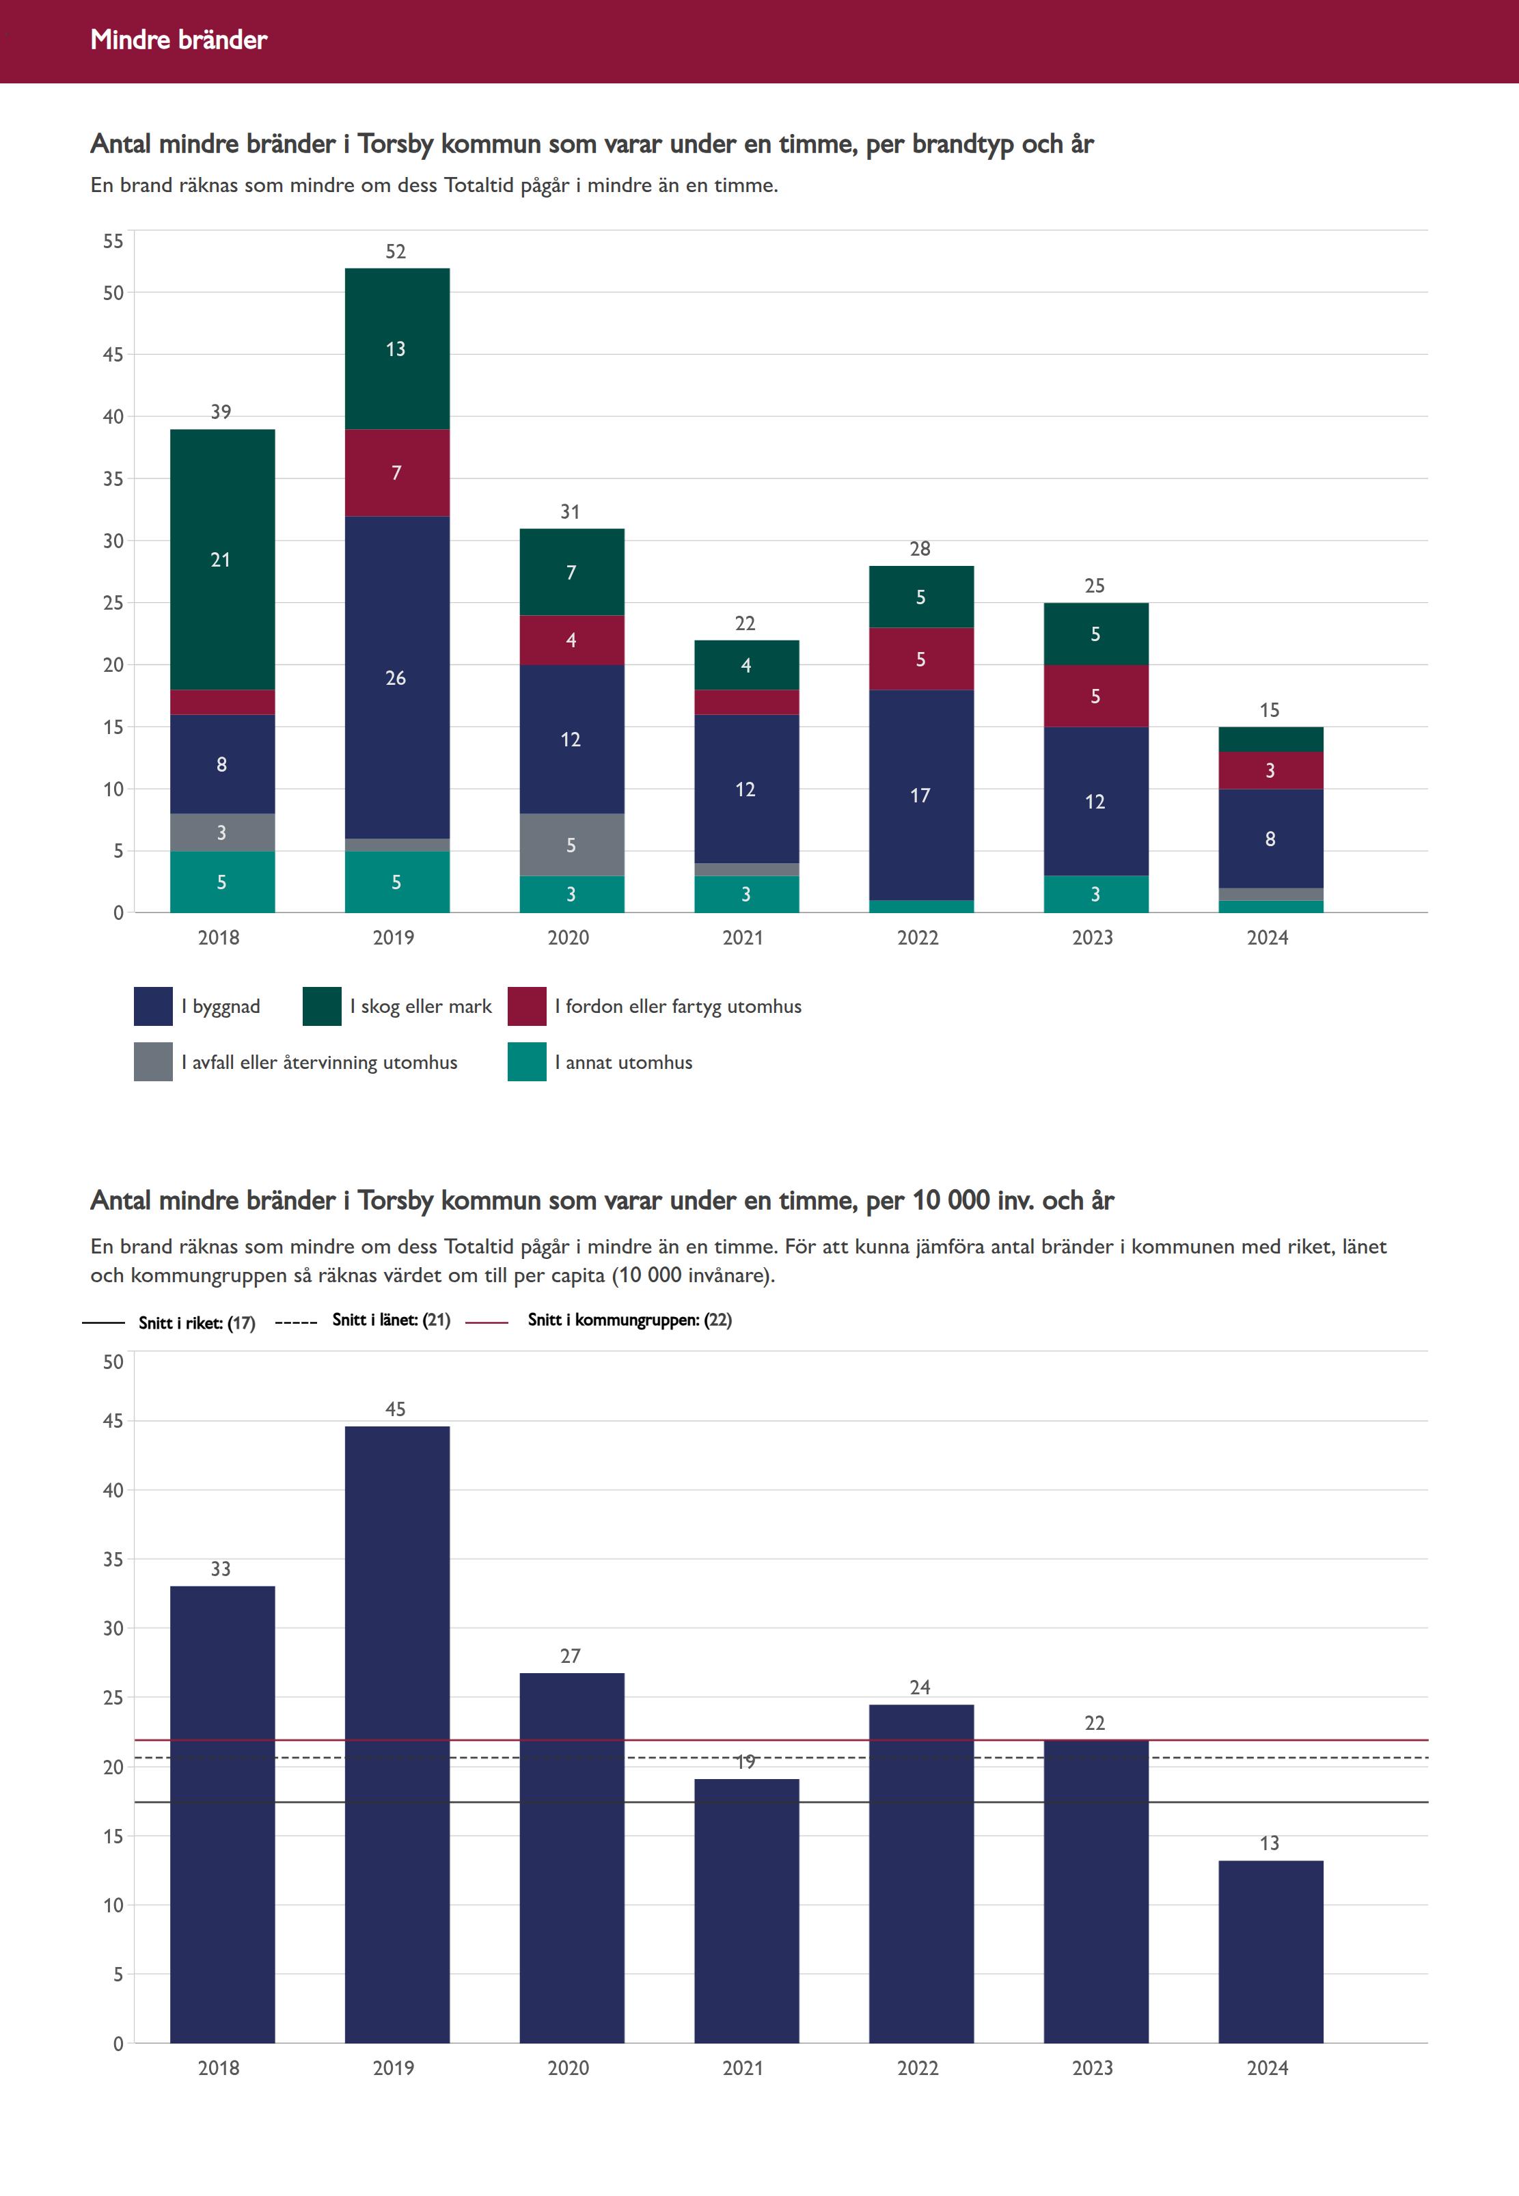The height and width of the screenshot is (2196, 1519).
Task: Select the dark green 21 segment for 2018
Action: pyautogui.click(x=222, y=560)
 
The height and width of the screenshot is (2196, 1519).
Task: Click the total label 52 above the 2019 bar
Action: pyautogui.click(x=396, y=252)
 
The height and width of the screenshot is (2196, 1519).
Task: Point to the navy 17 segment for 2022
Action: pyautogui.click(x=920, y=795)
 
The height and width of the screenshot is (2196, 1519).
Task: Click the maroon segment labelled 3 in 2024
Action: pyautogui.click(x=1270, y=771)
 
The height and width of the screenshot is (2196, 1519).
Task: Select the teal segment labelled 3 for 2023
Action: pyautogui.click(x=1095, y=894)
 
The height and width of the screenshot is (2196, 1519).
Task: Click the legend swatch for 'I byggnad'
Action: pyautogui.click(x=153, y=1007)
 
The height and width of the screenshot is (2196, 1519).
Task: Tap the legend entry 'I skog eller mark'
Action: pyautogui.click(x=421, y=1007)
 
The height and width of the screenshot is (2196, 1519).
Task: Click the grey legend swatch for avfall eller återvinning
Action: pyautogui.click(x=153, y=1062)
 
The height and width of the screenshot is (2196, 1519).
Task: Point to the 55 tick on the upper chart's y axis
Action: pyautogui.click(x=113, y=242)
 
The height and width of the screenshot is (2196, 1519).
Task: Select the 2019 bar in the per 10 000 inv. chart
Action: pyautogui.click(x=397, y=1733)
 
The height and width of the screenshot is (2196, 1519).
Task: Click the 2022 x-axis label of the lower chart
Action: pyautogui.click(x=918, y=2068)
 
